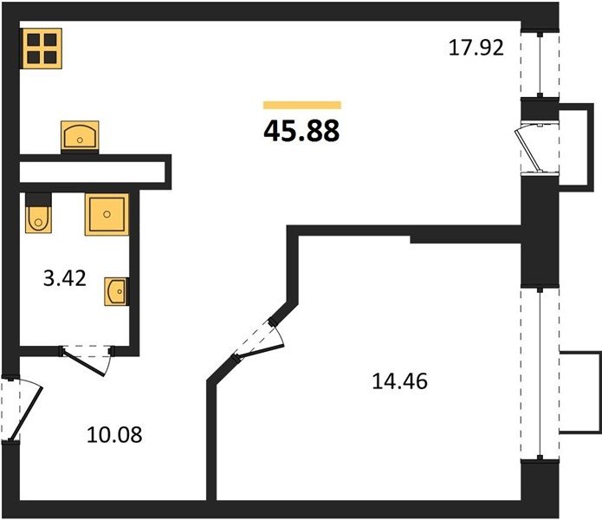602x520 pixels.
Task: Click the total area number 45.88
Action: [x=301, y=131]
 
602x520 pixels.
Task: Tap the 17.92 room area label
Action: [x=476, y=48]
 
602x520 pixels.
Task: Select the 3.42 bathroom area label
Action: [x=64, y=278]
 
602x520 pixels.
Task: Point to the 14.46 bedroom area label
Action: [x=399, y=381]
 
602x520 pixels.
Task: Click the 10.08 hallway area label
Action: [x=114, y=435]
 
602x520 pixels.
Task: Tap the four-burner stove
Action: [x=42, y=49]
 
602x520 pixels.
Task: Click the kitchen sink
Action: [x=80, y=135]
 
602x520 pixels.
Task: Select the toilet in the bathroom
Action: [x=38, y=213]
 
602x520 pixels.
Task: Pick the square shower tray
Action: [x=107, y=214]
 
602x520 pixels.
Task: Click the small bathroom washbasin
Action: [x=116, y=291]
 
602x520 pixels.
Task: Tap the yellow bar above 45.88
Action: [x=302, y=105]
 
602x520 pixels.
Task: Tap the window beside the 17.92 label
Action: [x=540, y=64]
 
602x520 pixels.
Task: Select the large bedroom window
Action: [x=540, y=374]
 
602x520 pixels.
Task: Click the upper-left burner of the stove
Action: [x=34, y=40]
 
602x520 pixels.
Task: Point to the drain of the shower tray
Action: [x=107, y=214]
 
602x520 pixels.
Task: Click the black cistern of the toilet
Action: [x=38, y=199]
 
